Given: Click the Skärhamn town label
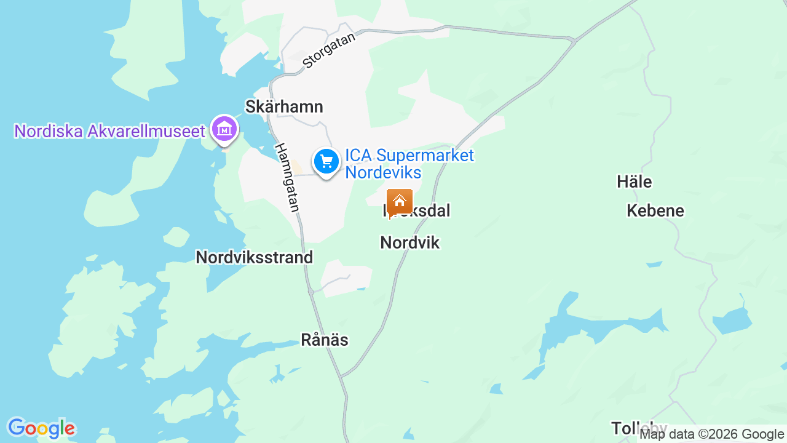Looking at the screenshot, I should [283, 106].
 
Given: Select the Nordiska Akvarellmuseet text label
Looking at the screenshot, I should [109, 131].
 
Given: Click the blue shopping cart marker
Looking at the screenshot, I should [326, 162].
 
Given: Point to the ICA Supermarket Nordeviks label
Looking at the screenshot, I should [409, 163].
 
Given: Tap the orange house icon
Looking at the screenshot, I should [399, 201].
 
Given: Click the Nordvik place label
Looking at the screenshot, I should [410, 242].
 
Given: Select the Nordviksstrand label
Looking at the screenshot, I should [254, 257].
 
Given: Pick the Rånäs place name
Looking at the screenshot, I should [325, 340].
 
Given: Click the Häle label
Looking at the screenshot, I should [634, 182].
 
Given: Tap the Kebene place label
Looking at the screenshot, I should [655, 211].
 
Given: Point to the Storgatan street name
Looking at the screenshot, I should [329, 50].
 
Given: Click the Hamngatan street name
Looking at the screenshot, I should [287, 178].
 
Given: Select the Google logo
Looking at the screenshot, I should [41, 428].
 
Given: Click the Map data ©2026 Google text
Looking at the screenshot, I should [712, 434].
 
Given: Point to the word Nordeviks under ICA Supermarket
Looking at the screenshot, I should [383, 172].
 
